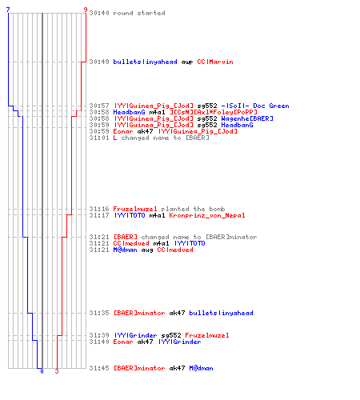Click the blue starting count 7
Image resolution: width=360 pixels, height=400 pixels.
pos(8,10)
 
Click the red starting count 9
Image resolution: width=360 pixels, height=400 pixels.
pos(86,10)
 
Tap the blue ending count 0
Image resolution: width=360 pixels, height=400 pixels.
pos(42,371)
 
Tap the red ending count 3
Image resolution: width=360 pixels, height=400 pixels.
pos(57,371)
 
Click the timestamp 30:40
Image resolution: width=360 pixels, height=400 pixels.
pos(99,13)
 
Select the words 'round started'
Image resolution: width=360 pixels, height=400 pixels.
pos(139,13)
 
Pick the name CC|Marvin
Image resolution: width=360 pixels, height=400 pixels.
pos(215,62)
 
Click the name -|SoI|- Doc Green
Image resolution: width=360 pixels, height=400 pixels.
pos(255,106)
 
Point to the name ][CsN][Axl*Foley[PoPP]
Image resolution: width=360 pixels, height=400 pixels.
pos(214,112)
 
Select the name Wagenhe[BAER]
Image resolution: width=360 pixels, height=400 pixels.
pos(247,118)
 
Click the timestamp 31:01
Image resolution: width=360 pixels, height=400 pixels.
pos(99,138)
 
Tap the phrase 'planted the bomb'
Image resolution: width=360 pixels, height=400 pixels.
pos(193,209)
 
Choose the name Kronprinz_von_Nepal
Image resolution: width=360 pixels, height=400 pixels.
pos(207,215)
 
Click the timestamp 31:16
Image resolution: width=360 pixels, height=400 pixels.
pos(99,209)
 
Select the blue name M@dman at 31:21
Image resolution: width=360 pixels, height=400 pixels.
pos(125,250)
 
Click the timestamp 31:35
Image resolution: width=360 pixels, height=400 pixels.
pos(99,313)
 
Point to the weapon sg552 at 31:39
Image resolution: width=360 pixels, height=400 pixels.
pos(171,335)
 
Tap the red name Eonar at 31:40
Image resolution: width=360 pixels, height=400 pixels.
pos(123,342)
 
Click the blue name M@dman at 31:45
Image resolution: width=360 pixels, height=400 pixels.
pos(201,368)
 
